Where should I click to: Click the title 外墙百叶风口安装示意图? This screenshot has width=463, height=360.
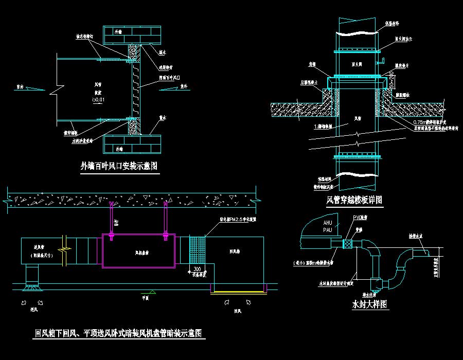pos(119,166)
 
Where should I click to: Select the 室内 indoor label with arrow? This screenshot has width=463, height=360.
pos(20,86)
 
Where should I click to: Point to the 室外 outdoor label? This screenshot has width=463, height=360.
pos(184,86)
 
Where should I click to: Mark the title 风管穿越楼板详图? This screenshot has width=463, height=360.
pos(354,199)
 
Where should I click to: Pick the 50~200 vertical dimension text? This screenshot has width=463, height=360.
pos(392,79)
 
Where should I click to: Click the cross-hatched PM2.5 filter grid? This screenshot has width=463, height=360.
pos(197,250)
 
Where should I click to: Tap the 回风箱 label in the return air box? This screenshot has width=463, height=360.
pos(235,251)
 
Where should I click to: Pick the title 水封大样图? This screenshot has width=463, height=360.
pos(369,304)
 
